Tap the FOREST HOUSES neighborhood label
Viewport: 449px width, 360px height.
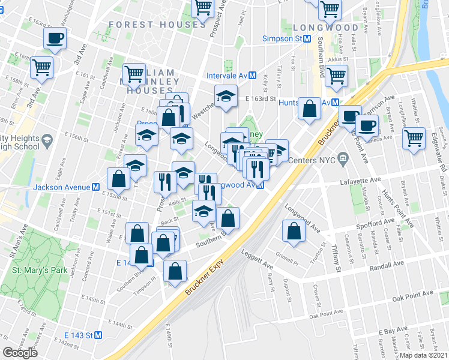point(157,25)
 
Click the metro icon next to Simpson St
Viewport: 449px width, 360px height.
point(307,38)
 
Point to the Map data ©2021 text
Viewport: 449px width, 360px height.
point(424,355)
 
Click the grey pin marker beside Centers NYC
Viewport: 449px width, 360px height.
point(343,160)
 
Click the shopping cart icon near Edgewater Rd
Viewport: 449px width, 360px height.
point(414,139)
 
